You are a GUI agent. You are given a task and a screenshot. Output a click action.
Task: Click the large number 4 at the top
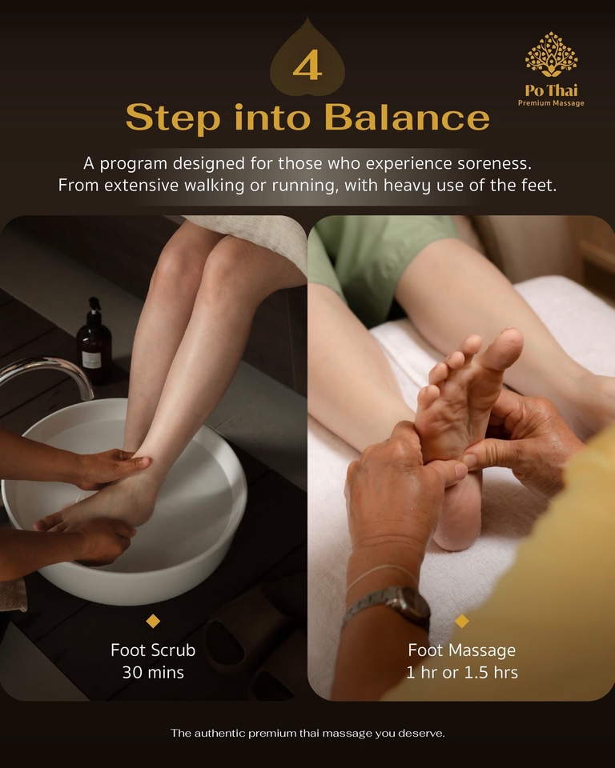coord(307,67)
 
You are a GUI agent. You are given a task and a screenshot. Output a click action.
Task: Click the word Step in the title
coord(172,118)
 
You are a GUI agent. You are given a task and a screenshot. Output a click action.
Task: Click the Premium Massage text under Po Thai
coord(551,103)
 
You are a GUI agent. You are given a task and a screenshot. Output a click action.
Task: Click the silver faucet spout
coord(48,370)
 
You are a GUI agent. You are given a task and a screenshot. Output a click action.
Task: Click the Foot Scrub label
coord(153,650)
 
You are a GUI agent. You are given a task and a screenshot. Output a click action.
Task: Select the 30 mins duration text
coord(153,672)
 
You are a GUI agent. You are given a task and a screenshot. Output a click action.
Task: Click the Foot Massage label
coord(462,650)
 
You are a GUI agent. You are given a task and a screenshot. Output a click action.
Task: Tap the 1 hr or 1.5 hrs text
coord(462,672)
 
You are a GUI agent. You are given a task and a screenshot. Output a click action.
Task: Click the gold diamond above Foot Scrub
coord(153,621)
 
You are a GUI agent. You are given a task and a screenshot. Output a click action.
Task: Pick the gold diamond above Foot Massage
coord(462,621)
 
